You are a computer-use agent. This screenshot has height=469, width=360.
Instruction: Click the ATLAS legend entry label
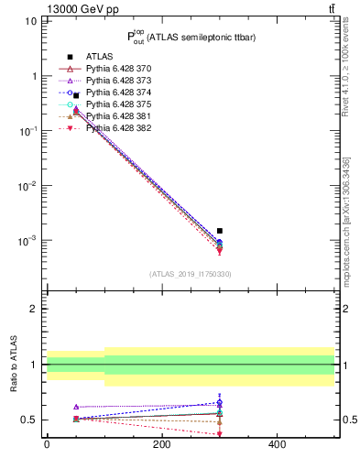101,57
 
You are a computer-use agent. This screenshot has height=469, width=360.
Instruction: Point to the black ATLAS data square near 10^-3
220,231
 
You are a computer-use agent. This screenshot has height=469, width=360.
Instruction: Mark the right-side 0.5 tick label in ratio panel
349,420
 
